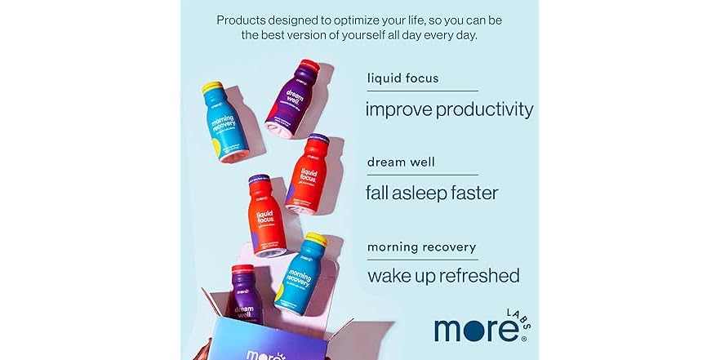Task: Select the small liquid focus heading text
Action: (x=402, y=78)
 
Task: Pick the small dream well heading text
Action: (x=401, y=162)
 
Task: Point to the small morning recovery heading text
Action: (x=421, y=246)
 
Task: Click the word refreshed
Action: (x=479, y=276)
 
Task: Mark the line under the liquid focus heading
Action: (x=422, y=91)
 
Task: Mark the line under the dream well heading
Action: (x=422, y=175)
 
